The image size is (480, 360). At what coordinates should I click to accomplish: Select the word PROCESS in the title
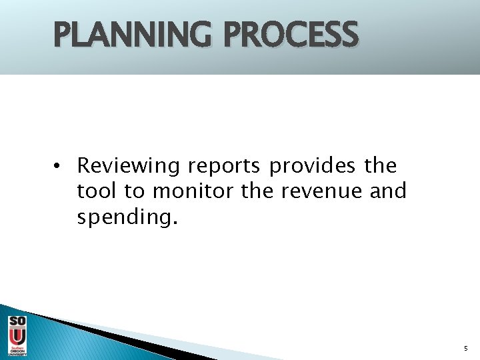(291, 35)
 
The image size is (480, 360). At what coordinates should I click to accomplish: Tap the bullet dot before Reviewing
(59, 166)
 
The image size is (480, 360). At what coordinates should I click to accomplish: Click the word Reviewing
(128, 166)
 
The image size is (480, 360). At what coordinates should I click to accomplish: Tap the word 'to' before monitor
(135, 191)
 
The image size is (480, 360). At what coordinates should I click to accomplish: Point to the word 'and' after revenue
(388, 191)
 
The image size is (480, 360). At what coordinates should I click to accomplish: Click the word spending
(124, 218)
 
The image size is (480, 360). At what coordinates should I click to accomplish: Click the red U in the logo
(17, 337)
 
